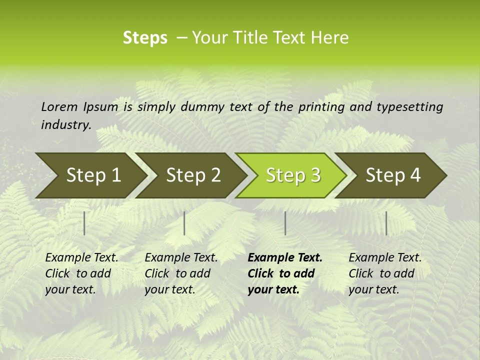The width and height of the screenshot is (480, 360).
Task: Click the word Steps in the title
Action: coord(145,38)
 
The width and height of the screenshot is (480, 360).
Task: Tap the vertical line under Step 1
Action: coord(84,223)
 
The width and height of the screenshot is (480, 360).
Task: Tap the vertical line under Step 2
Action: coord(184,223)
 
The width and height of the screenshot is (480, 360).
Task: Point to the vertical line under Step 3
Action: coord(285,223)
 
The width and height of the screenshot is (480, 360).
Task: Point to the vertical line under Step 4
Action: coord(386,223)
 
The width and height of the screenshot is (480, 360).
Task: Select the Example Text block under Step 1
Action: coord(81,273)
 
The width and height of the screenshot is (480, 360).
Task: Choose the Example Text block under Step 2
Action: coord(181,273)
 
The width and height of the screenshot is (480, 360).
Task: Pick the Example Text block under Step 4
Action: coord(385,273)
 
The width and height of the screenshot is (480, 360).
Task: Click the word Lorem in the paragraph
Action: coord(59,107)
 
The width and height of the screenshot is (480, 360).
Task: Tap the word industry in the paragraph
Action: coord(65,125)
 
